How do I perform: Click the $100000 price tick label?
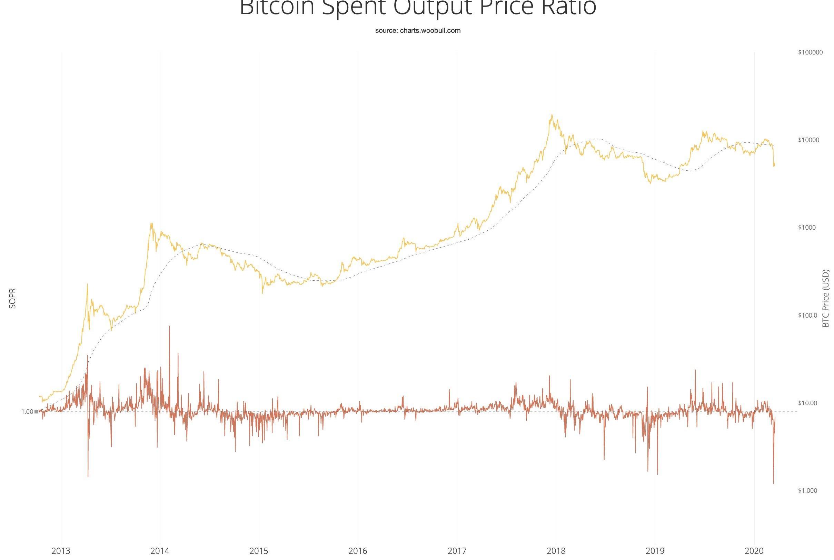[810, 52]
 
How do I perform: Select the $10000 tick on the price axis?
[808, 140]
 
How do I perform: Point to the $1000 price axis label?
[807, 228]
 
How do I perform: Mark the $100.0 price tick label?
[807, 316]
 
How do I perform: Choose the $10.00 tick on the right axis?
[807, 403]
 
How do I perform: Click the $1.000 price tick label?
[807, 490]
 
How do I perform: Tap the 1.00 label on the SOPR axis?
[27, 412]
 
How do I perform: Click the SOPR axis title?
[12, 298]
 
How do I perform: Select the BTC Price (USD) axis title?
[825, 298]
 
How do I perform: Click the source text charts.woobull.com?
[418, 31]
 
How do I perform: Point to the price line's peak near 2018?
[552, 115]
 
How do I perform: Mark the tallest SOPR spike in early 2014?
[169, 326]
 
